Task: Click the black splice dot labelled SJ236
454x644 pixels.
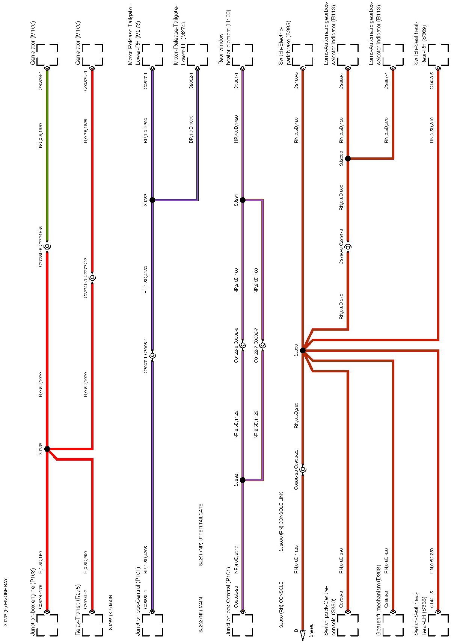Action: pos(47,449)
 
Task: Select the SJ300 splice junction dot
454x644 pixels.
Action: pos(303,350)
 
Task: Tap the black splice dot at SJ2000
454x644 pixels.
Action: pos(348,158)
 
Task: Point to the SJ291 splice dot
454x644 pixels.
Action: pos(243,200)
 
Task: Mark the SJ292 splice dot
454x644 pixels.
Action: pos(243,480)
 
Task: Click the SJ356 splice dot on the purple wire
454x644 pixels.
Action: pos(152,200)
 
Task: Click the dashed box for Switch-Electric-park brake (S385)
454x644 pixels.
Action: pos(303,54)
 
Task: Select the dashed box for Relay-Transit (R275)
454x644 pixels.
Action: pos(92,625)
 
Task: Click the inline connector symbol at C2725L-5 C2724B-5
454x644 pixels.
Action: pos(47,246)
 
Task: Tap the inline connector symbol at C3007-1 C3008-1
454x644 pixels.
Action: pos(152,355)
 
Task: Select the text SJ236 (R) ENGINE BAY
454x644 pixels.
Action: pos(6,602)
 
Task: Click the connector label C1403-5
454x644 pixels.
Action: pos(431,80)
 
